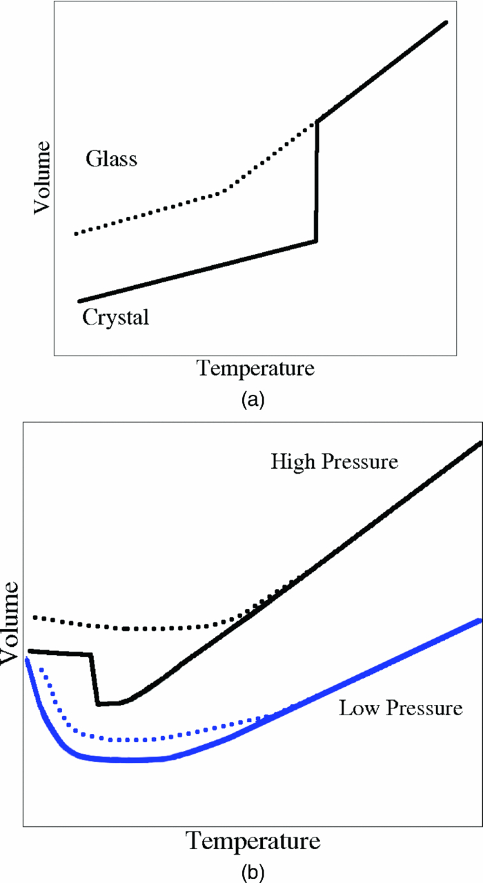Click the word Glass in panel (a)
(x=112, y=159)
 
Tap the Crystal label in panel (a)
(x=115, y=318)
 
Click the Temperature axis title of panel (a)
(x=256, y=367)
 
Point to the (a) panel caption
(x=250, y=398)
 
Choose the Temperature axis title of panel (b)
(x=253, y=842)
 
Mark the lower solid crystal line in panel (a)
(x=200, y=271)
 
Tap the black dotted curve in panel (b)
(x=138, y=629)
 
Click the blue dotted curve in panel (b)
(x=138, y=739)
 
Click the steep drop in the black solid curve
(x=95, y=680)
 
